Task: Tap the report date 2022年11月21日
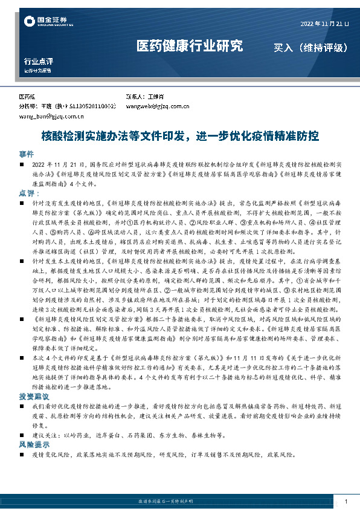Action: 324,24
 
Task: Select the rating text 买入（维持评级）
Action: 310,47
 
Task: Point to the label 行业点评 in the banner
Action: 39,61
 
